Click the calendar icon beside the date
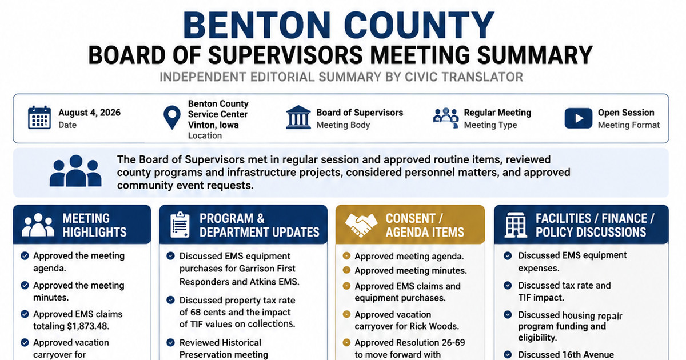tap(39, 118)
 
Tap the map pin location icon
tap(172, 118)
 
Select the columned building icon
tap(298, 117)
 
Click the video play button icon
tap(578, 118)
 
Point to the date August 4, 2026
tap(89, 113)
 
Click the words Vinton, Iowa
tap(213, 125)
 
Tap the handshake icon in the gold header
tap(361, 225)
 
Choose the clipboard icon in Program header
tap(180, 225)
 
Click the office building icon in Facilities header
tap(516, 225)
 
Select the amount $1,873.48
tap(88, 326)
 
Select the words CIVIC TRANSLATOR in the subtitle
tap(464, 77)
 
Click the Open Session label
tap(626, 113)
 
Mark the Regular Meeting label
tap(497, 113)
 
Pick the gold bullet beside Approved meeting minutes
tap(346, 270)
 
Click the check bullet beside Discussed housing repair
tap(508, 315)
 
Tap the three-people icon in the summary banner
tap(75, 171)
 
